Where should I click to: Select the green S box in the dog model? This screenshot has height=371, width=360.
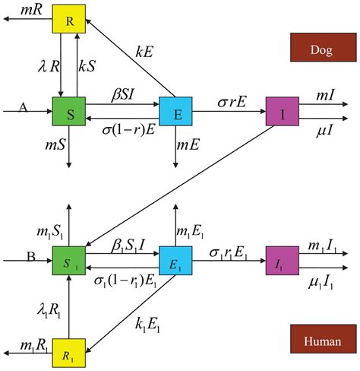pos(68,111)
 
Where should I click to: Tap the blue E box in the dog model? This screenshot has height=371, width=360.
pos(175,111)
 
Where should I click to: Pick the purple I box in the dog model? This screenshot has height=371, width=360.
pos(281,111)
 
